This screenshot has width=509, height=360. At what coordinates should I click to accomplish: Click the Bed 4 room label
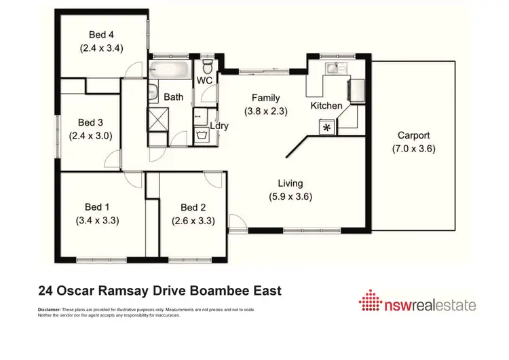click(100, 35)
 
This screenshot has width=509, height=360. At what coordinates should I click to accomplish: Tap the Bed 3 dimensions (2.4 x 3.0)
click(90, 135)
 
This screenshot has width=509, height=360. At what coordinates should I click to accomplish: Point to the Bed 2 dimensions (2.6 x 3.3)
click(193, 220)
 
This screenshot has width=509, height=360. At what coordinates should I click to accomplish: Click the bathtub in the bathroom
click(169, 69)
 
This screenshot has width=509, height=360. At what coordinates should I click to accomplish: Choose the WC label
click(205, 81)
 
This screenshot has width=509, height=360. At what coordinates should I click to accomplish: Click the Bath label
click(174, 97)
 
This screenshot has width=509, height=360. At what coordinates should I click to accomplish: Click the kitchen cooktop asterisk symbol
click(327, 127)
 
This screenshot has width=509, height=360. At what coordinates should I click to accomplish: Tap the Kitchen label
click(326, 106)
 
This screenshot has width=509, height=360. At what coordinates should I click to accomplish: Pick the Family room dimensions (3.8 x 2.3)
click(266, 111)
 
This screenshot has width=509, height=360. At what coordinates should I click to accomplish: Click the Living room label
click(290, 183)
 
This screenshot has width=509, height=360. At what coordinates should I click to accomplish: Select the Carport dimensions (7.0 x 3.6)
click(414, 149)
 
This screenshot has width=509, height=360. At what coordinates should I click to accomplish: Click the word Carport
click(414, 136)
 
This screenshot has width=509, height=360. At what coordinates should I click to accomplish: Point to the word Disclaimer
click(48, 310)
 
